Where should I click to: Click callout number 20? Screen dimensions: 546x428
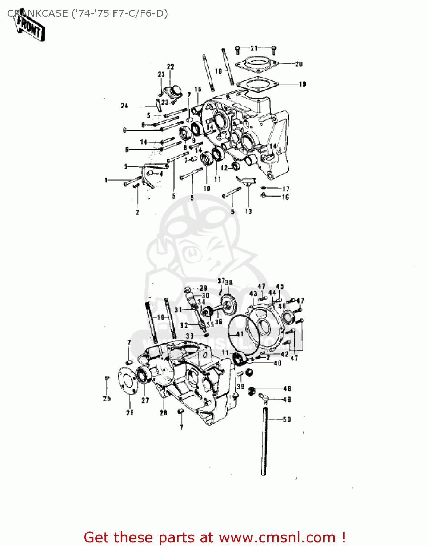pos(299,64)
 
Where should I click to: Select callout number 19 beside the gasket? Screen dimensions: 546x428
pos(302,84)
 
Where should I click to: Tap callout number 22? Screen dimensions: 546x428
pos(170,67)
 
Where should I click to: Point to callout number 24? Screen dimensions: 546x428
pos(124,106)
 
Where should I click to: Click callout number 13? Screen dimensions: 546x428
pos(248,211)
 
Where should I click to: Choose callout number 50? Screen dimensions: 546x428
pos(287,419)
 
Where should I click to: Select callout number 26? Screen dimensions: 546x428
pos(130,413)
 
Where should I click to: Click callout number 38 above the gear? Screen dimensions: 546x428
pos(228,282)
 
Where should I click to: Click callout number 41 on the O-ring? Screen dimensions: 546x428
pos(240,334)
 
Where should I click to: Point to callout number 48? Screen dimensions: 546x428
pos(287,389)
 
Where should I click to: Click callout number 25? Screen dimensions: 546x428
pos(107,398)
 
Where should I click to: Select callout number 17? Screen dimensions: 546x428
pos(286,189)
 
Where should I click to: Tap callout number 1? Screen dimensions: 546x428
pos(106,180)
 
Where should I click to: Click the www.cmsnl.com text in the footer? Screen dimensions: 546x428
pos(277,537)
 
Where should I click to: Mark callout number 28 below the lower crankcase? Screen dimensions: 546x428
pos(163,412)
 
